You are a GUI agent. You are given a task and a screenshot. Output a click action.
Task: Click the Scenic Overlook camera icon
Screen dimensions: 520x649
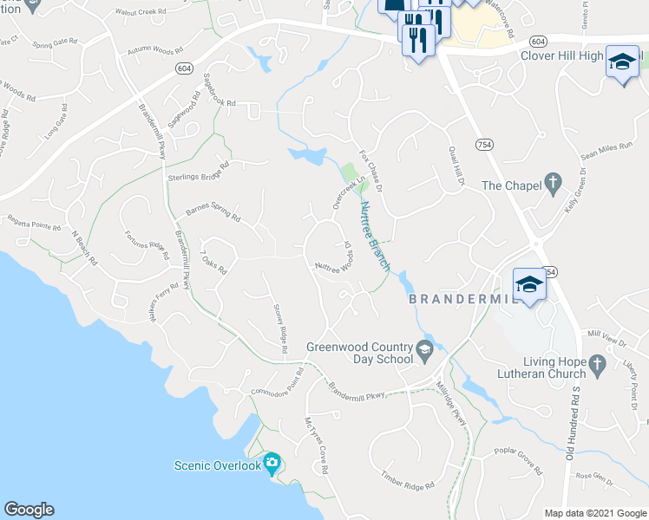coord(272,465)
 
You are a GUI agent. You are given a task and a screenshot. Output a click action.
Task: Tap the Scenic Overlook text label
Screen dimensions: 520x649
coord(216,465)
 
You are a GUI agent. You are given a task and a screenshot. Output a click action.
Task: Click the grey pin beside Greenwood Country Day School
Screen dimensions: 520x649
coord(424,351)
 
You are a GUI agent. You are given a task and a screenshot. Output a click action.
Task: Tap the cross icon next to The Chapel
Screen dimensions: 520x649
coord(550,184)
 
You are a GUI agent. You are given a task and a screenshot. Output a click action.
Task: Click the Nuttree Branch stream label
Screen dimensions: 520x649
coord(375,236)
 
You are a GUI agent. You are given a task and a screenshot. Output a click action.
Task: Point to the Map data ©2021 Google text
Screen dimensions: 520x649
coord(594,513)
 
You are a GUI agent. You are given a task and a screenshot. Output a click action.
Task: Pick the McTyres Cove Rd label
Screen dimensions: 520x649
coord(316,445)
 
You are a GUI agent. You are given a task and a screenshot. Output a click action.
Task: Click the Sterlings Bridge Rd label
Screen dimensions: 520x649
coord(198,171)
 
